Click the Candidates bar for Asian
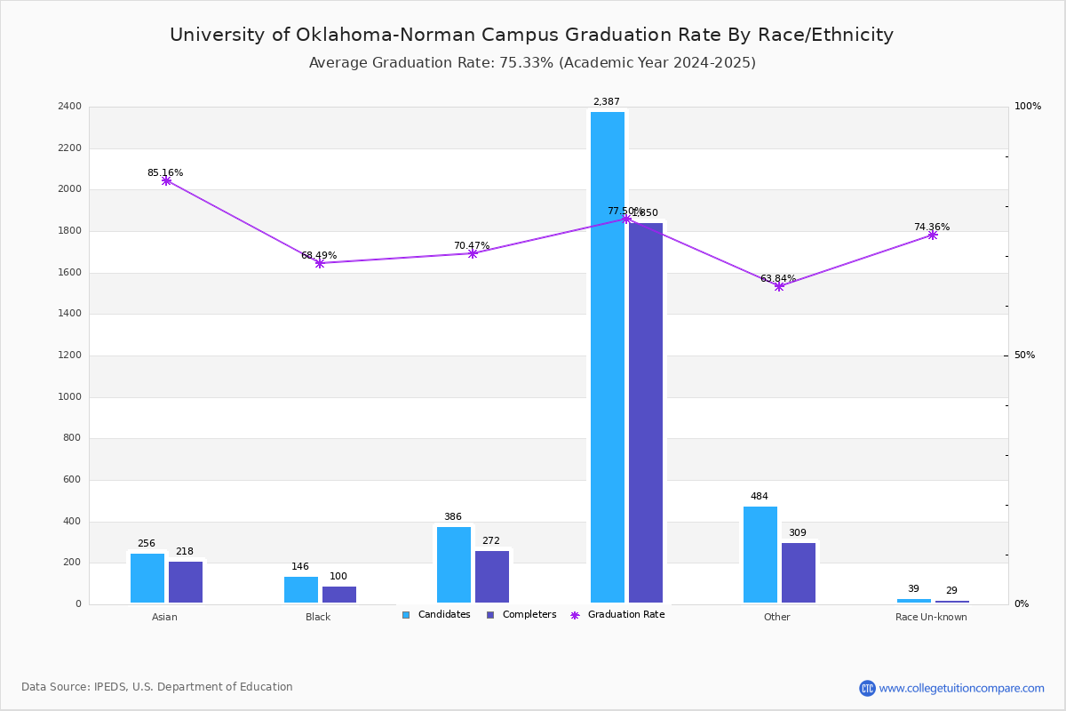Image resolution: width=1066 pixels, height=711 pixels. [x=147, y=579]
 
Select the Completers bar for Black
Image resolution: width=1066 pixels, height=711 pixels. [x=338, y=595]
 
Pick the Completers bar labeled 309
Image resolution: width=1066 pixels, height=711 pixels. [x=798, y=573]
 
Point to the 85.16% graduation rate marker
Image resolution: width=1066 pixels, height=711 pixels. [x=166, y=180]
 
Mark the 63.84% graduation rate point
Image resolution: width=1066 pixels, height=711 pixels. [x=779, y=286]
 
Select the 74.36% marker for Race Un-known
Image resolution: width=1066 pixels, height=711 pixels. [x=932, y=235]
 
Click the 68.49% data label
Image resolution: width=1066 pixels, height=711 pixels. [x=319, y=256]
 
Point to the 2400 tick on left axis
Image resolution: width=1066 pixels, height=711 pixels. [x=69, y=107]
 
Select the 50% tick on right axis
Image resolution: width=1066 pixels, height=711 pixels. [x=1024, y=355]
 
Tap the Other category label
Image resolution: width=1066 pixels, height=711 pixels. [x=776, y=617]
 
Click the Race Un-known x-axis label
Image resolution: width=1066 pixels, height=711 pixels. [x=931, y=617]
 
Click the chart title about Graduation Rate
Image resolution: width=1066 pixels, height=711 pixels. [x=531, y=36]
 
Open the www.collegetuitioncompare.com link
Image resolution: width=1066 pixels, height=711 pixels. [x=961, y=688]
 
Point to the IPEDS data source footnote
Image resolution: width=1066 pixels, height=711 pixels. [x=157, y=687]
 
